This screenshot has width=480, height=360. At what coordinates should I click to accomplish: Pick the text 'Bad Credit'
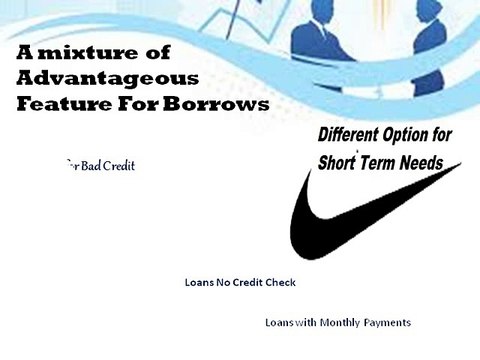104,165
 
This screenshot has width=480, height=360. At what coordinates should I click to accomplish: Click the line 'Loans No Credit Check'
240,282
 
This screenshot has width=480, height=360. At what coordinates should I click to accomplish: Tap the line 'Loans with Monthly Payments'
338,323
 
